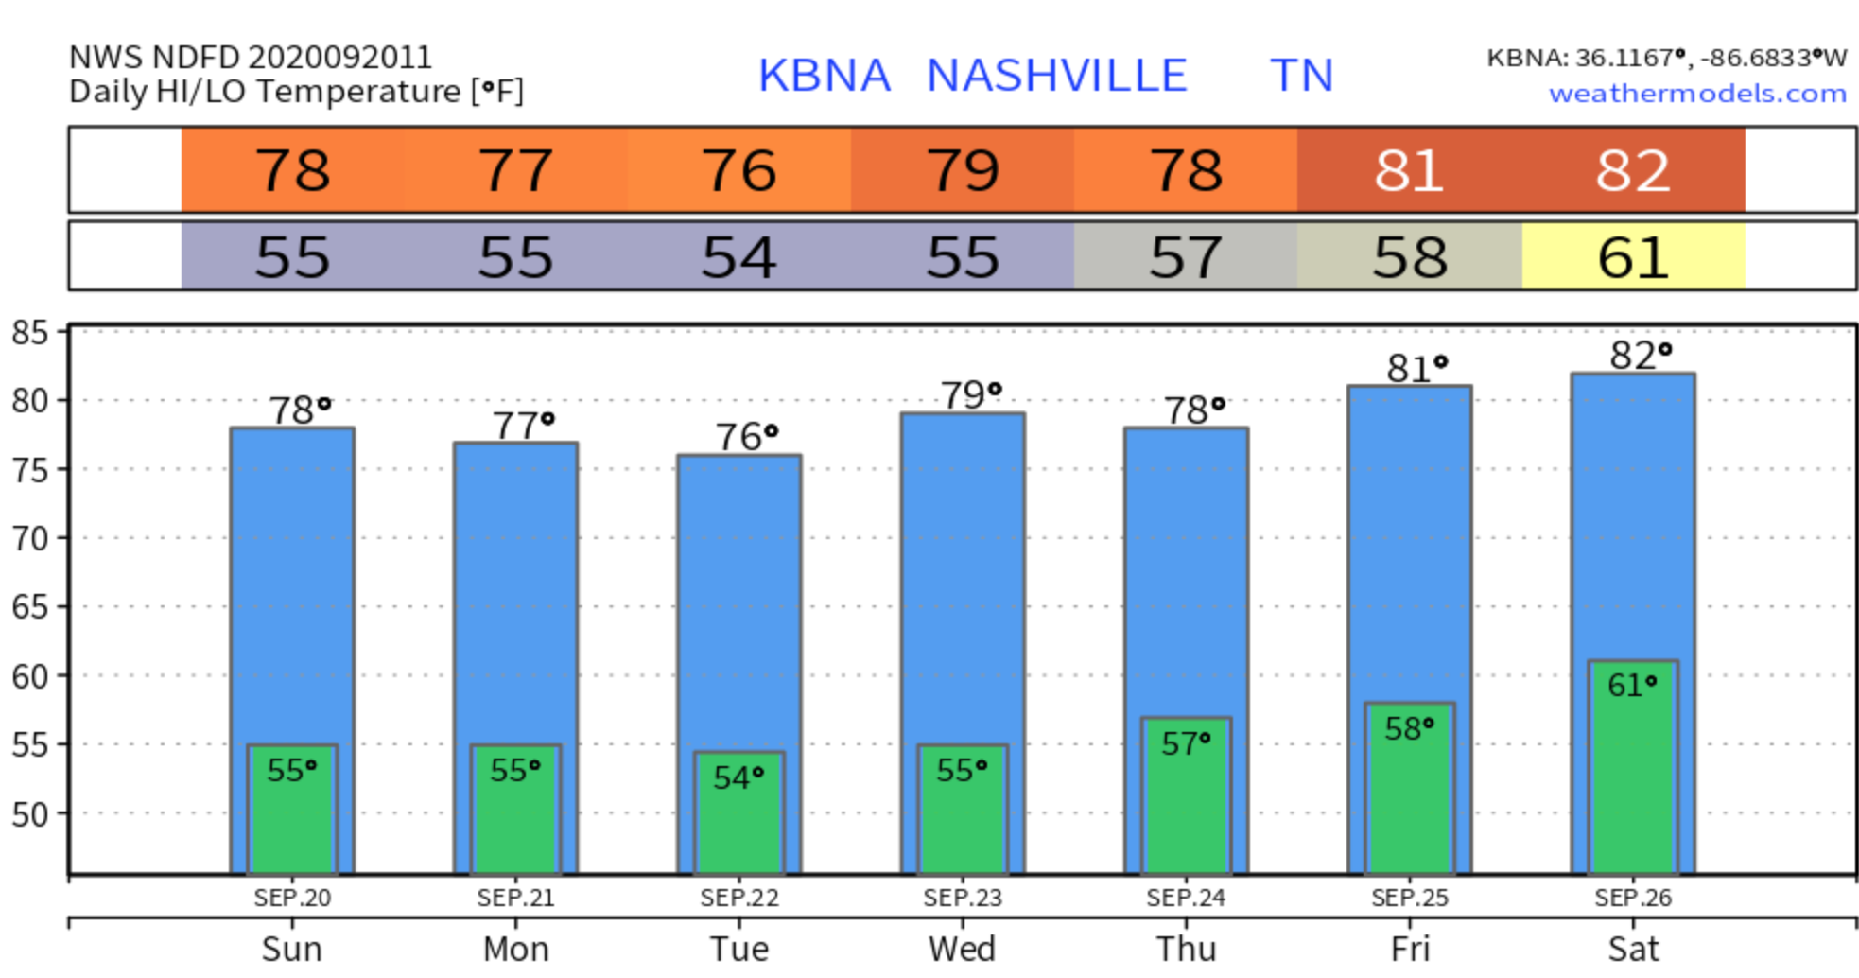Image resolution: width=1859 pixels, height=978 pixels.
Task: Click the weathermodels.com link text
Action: tap(1697, 94)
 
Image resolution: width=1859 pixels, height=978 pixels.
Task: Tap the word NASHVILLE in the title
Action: tap(1056, 76)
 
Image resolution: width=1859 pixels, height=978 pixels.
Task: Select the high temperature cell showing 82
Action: tap(1633, 171)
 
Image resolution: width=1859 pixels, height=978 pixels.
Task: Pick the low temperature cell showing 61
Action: tap(1633, 257)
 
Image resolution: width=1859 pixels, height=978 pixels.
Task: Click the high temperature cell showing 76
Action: tap(739, 171)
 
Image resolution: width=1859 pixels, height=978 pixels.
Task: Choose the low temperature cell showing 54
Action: tap(739, 257)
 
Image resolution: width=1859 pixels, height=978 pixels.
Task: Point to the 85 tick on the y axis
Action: tap(29, 332)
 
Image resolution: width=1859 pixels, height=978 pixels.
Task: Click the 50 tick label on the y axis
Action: tap(29, 814)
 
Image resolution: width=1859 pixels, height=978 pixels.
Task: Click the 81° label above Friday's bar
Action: tap(1416, 368)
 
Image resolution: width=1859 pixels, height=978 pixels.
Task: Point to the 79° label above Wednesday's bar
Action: tap(970, 394)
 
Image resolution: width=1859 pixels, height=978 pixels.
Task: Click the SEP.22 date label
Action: tap(739, 898)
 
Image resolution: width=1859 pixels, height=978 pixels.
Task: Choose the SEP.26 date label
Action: tap(1633, 898)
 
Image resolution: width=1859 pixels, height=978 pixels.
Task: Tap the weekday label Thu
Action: tap(1186, 949)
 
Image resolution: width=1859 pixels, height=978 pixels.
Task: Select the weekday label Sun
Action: tap(292, 949)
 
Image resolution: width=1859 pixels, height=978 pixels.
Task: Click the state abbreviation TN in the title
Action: tap(1301, 76)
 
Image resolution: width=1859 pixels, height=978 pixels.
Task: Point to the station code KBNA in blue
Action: tap(824, 76)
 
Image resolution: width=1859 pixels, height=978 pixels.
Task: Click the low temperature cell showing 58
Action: tap(1410, 257)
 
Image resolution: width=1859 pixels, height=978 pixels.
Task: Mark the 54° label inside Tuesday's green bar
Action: tap(738, 777)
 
